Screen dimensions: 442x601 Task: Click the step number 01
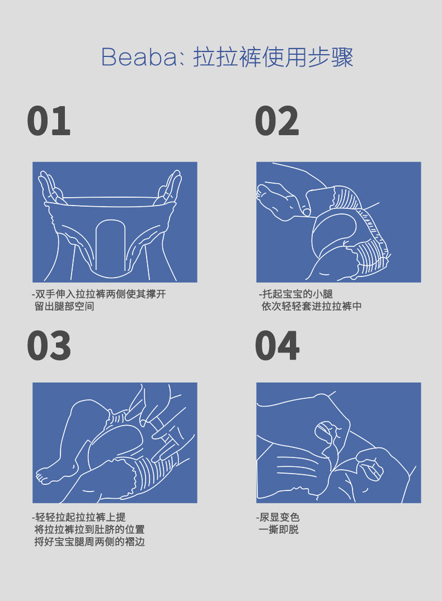(48, 121)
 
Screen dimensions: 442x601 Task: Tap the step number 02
(277, 121)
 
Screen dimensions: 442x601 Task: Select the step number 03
(49, 346)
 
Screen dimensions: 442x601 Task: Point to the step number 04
(277, 346)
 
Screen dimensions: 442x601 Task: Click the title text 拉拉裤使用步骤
(273, 57)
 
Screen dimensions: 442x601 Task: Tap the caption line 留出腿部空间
(64, 307)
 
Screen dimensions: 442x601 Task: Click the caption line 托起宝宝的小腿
(295, 294)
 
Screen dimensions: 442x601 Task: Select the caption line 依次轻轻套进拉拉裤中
(312, 307)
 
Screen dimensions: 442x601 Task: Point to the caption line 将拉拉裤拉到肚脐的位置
(90, 530)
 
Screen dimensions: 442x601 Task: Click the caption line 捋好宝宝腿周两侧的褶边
(90, 542)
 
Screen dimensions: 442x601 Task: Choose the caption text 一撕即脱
(279, 530)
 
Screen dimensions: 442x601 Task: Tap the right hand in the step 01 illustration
(169, 188)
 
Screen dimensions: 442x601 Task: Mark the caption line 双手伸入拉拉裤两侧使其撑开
(99, 294)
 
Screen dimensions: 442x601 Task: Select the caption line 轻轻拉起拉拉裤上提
(79, 518)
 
